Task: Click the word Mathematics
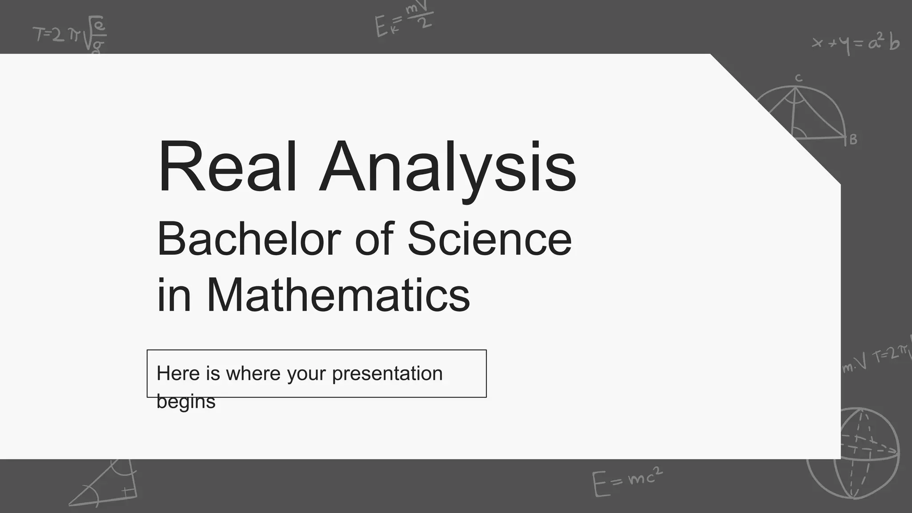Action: click(x=338, y=295)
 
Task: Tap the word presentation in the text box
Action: click(x=387, y=374)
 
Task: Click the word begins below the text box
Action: click(x=186, y=401)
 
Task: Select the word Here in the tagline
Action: click(x=178, y=373)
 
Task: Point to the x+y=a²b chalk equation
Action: click(x=855, y=44)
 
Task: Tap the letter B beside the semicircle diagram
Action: click(x=853, y=140)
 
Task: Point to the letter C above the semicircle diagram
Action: click(x=798, y=78)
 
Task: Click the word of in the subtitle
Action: click(x=374, y=239)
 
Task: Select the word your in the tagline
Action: click(x=306, y=374)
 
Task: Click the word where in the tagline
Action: click(x=253, y=373)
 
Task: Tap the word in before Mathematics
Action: click(x=174, y=295)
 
